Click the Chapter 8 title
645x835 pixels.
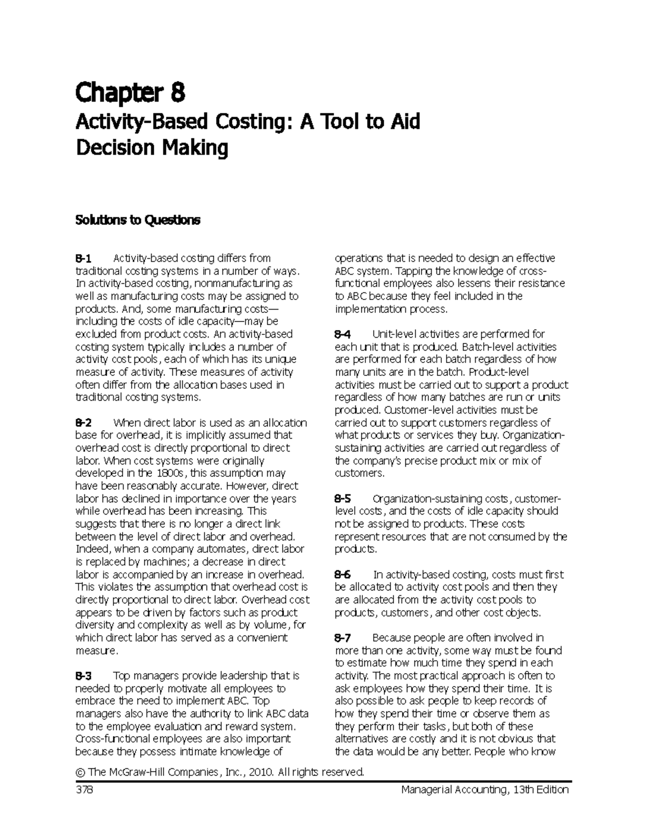[131, 93]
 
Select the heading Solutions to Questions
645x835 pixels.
[138, 220]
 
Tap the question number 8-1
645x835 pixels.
[84, 258]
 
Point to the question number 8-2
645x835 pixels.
[84, 423]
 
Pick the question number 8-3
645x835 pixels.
[84, 676]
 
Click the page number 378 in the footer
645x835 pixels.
[84, 790]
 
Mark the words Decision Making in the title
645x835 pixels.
[152, 147]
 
